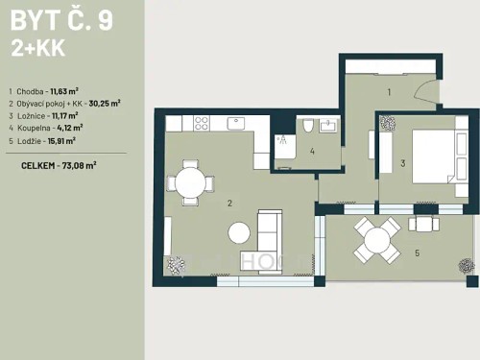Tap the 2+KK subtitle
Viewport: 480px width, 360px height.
pos(35,49)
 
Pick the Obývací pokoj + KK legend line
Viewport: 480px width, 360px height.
pos(65,103)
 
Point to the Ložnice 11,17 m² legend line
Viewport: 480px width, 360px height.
pos(47,115)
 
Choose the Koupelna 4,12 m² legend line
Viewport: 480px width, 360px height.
pos(49,127)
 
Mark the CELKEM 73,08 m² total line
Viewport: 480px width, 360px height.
pos(59,165)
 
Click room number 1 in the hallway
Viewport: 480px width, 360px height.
pos(389,92)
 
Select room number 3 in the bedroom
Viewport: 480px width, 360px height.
pos(403,164)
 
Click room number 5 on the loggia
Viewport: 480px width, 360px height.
pos(417,253)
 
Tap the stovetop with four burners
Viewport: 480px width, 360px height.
pos(203,123)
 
